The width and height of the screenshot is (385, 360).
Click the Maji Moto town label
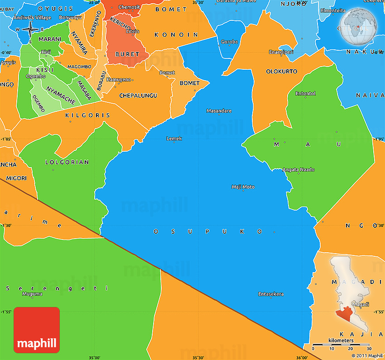pyautogui.click(x=243, y=187)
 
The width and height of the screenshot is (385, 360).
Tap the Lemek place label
pyautogui.click(x=174, y=139)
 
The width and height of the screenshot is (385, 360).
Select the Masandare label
pyautogui.click(x=219, y=111)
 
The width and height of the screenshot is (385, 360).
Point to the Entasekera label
pyautogui.click(x=271, y=294)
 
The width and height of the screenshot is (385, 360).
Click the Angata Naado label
pyautogui.click(x=298, y=170)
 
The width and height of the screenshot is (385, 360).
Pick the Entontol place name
pyautogui.click(x=305, y=94)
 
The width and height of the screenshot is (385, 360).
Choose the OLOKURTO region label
pyautogui.click(x=281, y=72)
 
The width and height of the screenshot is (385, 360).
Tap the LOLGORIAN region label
pyautogui.click(x=67, y=162)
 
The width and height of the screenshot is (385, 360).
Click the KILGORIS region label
pyautogui.click(x=87, y=115)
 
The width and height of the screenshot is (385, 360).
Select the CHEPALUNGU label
pyautogui.click(x=138, y=96)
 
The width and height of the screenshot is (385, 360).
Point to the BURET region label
pyautogui.click(x=127, y=54)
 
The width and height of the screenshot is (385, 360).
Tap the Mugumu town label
pyautogui.click(x=32, y=294)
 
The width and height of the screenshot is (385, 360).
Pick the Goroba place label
pyautogui.click(x=229, y=42)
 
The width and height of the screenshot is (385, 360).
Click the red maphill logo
pyautogui.click(x=37, y=330)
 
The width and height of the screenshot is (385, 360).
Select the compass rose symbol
pyautogui.click(x=30, y=30)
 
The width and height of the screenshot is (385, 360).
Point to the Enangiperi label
pyautogui.click(x=281, y=52)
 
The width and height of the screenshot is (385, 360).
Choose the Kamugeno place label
pyautogui.click(x=119, y=80)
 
